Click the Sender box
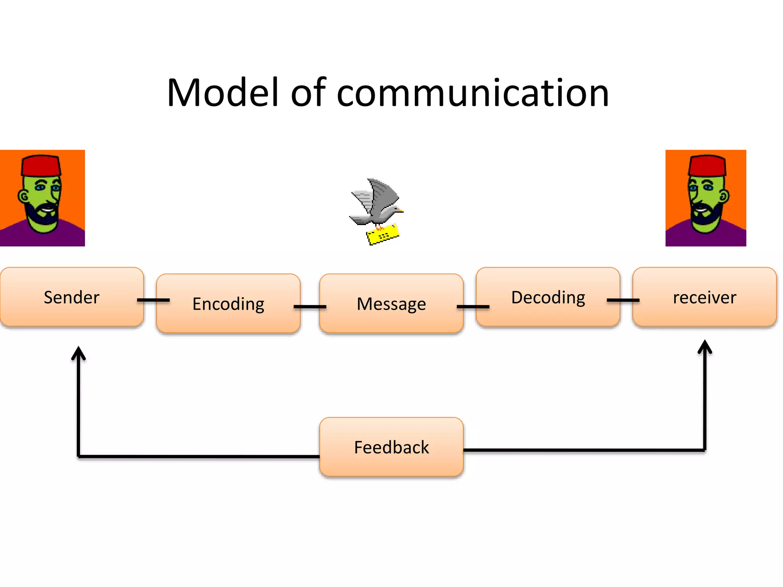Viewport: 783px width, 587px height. (x=72, y=297)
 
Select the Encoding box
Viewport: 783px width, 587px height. (x=228, y=303)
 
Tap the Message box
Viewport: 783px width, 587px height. (x=391, y=303)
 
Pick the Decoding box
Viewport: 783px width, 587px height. (x=548, y=297)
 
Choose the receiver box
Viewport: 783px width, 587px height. (x=704, y=297)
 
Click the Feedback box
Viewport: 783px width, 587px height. (x=391, y=447)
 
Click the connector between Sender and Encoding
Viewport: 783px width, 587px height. (x=153, y=300)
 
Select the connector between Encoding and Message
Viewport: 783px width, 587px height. (x=310, y=306)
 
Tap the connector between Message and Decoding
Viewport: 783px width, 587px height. (x=473, y=306)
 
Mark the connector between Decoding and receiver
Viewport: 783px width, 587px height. (x=623, y=300)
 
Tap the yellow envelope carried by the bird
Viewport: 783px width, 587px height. (x=383, y=234)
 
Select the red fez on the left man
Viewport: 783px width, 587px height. (x=41, y=165)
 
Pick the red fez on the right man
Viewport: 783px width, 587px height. (x=707, y=165)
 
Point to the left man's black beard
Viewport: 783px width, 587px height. (x=40, y=216)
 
